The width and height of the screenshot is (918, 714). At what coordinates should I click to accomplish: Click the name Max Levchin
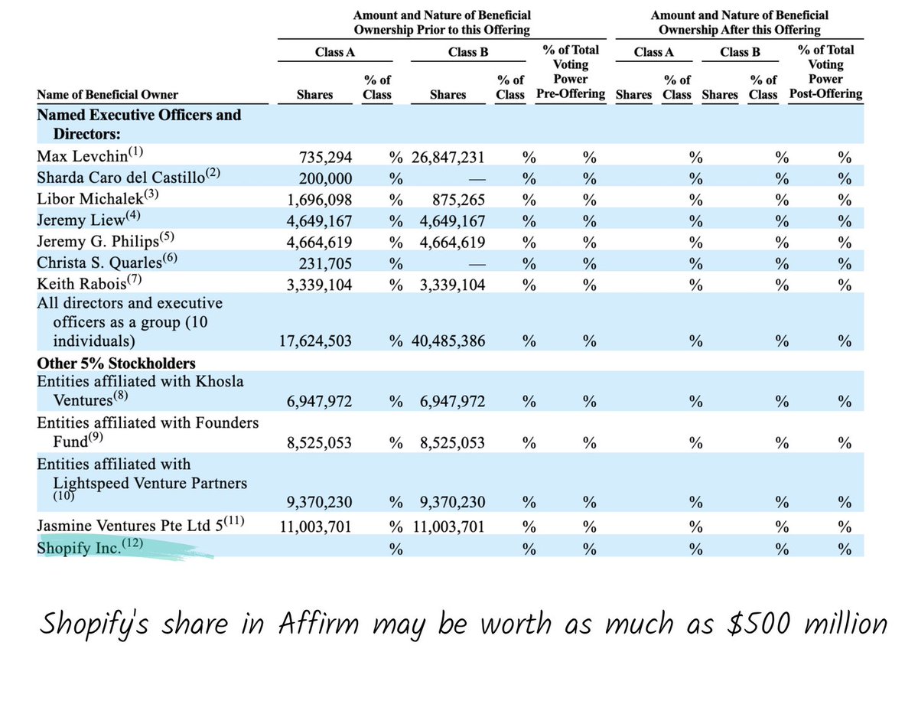tap(78, 158)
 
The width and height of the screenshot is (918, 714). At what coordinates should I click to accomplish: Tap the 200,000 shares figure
tap(326, 178)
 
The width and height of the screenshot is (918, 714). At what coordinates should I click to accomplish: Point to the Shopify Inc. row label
tap(80, 549)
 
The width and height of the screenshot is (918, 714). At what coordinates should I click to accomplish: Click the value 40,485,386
tap(447, 341)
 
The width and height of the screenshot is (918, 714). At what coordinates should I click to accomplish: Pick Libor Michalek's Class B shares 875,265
tap(456, 200)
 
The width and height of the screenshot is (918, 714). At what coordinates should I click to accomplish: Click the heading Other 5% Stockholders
tap(116, 363)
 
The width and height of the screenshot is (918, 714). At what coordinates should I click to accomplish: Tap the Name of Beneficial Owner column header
tap(107, 95)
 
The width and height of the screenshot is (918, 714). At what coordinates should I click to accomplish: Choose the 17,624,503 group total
tap(315, 341)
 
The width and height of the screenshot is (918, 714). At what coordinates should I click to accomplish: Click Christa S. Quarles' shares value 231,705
tap(326, 262)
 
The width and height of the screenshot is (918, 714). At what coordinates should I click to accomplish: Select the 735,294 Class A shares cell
tap(326, 158)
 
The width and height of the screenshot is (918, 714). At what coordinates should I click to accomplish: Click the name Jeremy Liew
tap(76, 220)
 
